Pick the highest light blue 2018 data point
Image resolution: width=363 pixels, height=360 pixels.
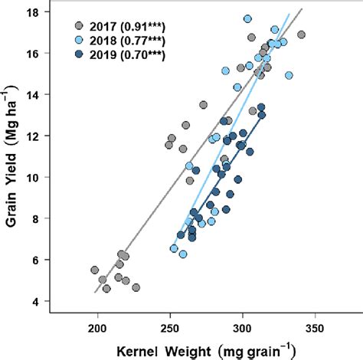tap(247, 18)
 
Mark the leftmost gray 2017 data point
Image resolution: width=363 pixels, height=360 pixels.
tap(95, 270)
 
